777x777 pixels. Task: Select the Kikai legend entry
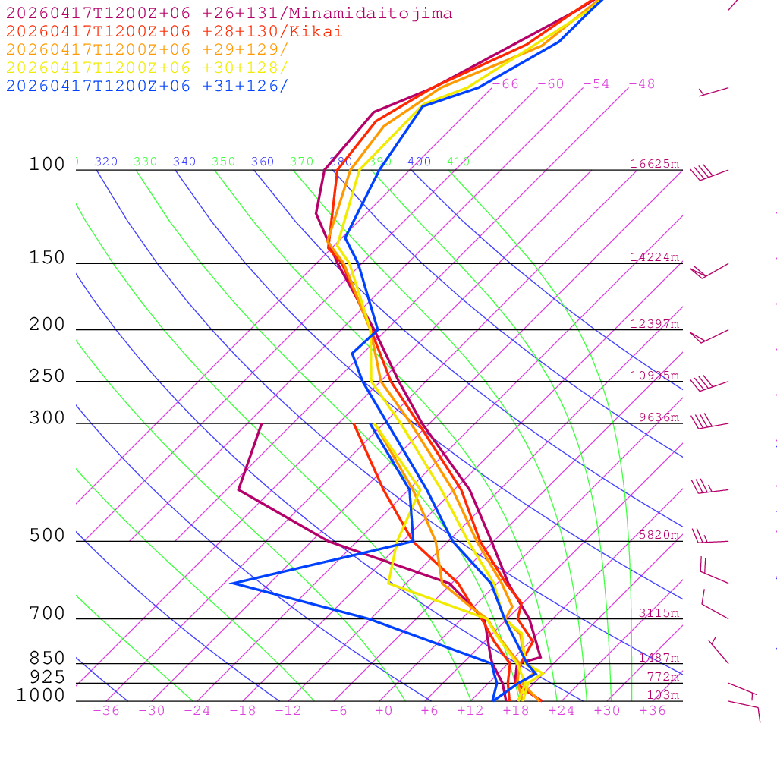[175, 32]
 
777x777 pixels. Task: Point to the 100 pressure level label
[47, 165]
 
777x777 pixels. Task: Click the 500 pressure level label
[47, 536]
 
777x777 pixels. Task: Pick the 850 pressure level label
[47, 659]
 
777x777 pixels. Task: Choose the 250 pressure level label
[47, 376]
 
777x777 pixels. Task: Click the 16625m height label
[655, 164]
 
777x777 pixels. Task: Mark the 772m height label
[662, 677]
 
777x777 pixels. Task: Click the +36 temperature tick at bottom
[653, 711]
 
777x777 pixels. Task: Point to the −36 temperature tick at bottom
[106, 711]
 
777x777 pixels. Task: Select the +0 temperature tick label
[384, 711]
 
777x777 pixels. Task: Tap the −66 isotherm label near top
[505, 84]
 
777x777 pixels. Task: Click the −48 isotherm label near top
[642, 84]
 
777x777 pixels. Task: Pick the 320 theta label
[106, 162]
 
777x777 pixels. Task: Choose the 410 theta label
[458, 162]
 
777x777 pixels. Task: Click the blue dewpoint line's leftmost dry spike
[232, 583]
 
